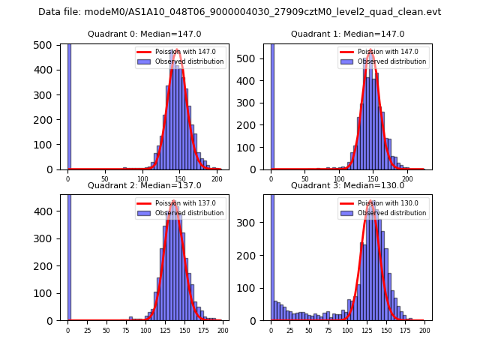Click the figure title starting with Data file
240,12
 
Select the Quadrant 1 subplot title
347,34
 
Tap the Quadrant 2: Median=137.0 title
144,185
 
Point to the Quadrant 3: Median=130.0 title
347,185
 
